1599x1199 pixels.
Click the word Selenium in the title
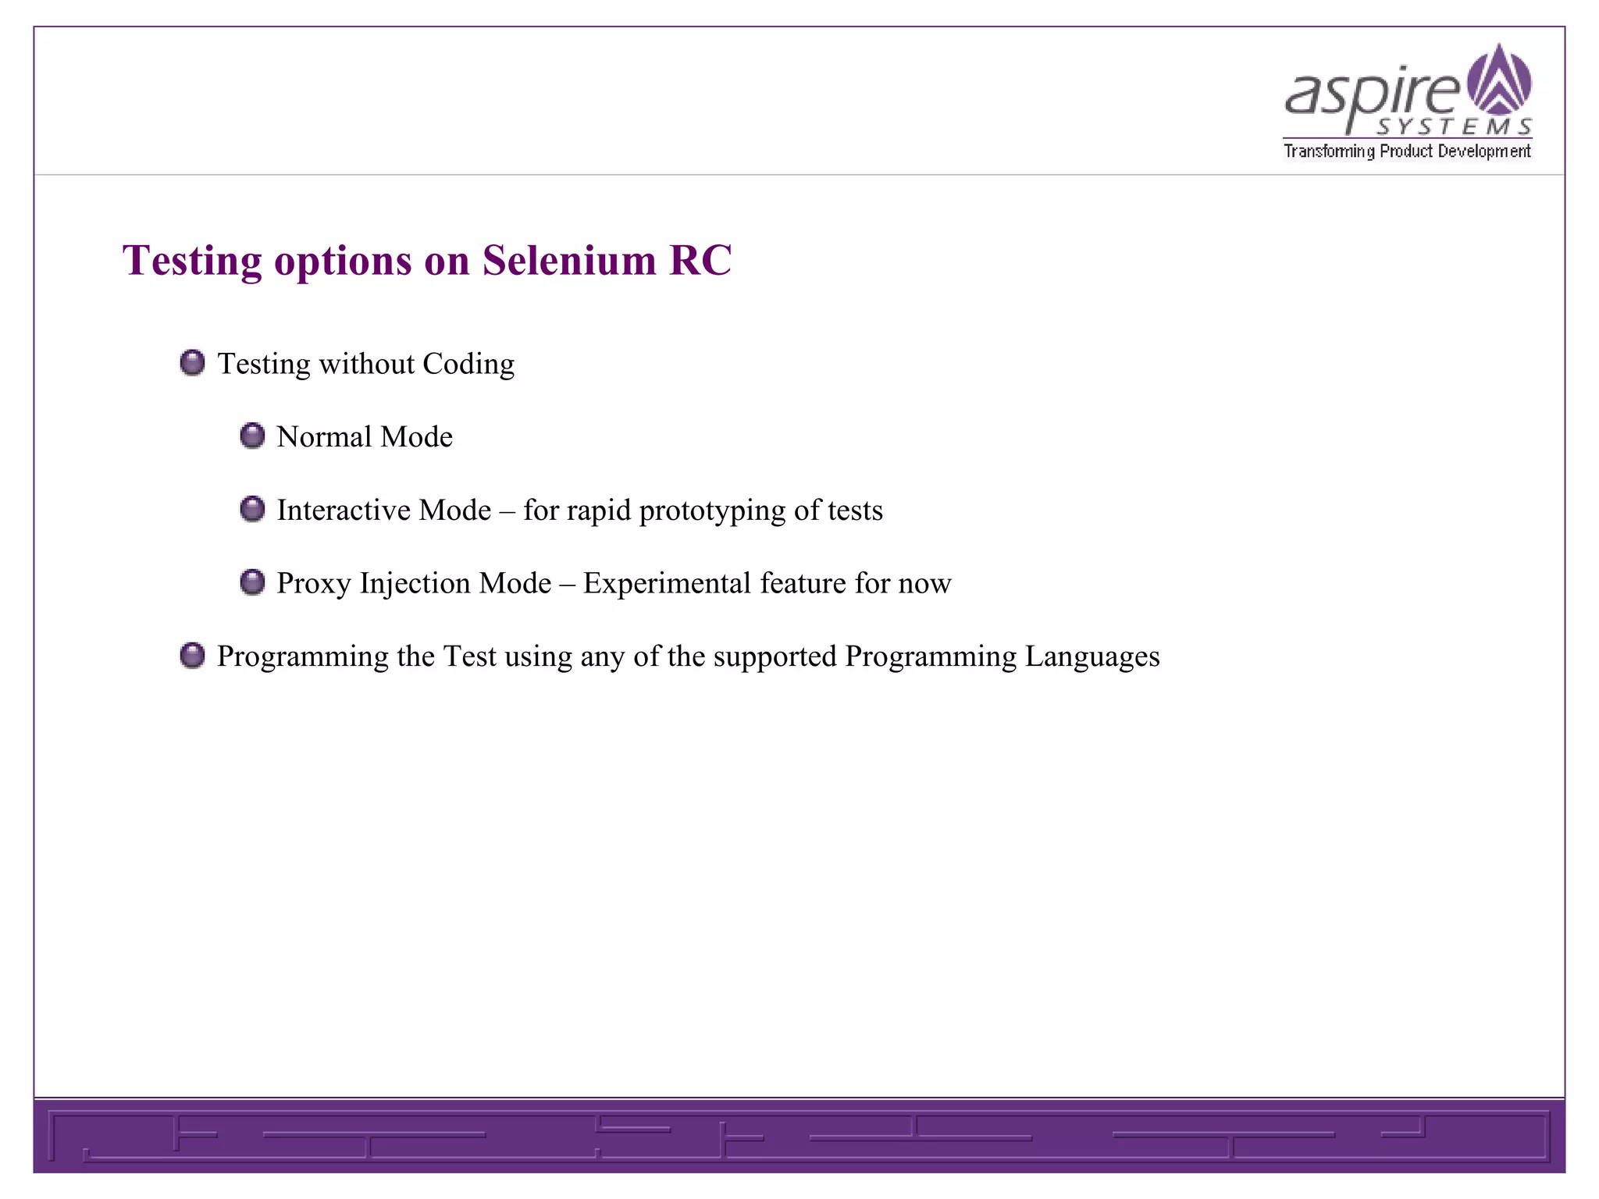pyautogui.click(x=569, y=260)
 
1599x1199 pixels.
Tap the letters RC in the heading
pyautogui.click(x=700, y=260)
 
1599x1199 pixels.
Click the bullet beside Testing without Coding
pyautogui.click(x=192, y=363)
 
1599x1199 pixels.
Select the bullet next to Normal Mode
pyautogui.click(x=252, y=436)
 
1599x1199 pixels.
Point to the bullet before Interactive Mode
pyautogui.click(x=252, y=509)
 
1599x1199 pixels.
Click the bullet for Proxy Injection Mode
pyautogui.click(x=252, y=582)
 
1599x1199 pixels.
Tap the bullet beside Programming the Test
pyautogui.click(x=192, y=656)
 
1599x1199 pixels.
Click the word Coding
pyautogui.click(x=468, y=365)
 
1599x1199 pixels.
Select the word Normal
pyautogui.click(x=324, y=436)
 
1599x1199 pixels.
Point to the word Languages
pyautogui.click(x=1092, y=657)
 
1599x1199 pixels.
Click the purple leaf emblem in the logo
pyautogui.click(x=1499, y=80)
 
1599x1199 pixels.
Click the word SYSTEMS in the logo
pyautogui.click(x=1454, y=126)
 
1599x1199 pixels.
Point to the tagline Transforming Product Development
pyautogui.click(x=1407, y=151)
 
